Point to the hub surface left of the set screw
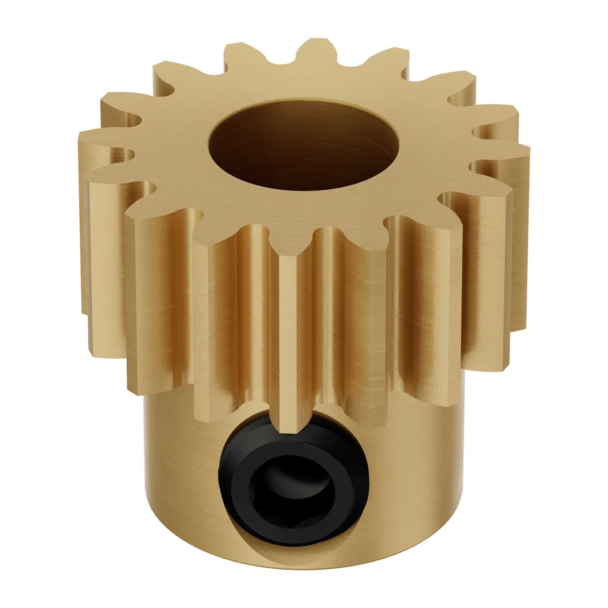[184, 488]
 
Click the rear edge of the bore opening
[304, 102]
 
